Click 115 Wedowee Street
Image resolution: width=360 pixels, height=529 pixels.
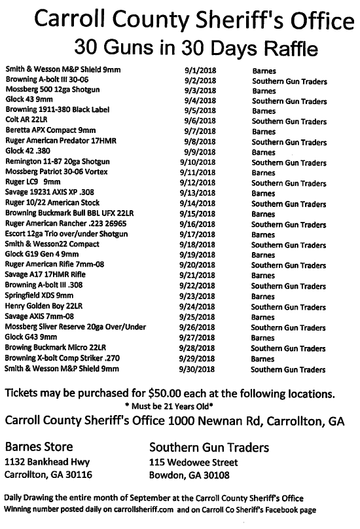pos(193,462)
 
